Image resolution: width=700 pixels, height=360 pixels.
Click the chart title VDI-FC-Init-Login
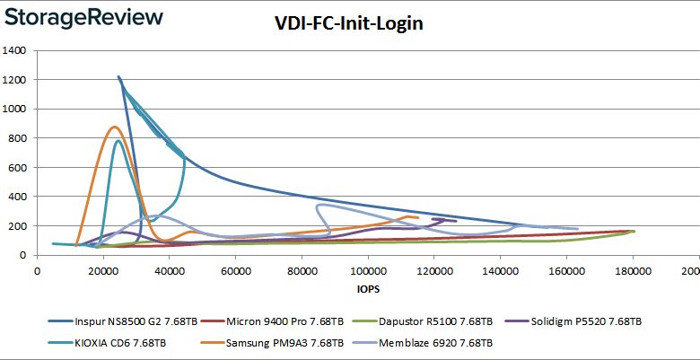tap(349, 24)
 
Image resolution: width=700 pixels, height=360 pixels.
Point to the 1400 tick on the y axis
tap(14, 50)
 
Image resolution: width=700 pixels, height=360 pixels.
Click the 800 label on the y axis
tap(17, 138)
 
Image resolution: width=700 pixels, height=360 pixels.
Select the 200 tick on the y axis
tap(17, 226)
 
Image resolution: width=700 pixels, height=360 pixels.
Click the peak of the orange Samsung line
tap(113, 127)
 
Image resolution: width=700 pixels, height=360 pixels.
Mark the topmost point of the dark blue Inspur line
tap(118, 77)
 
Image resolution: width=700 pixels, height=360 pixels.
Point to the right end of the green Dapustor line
tap(634, 232)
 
